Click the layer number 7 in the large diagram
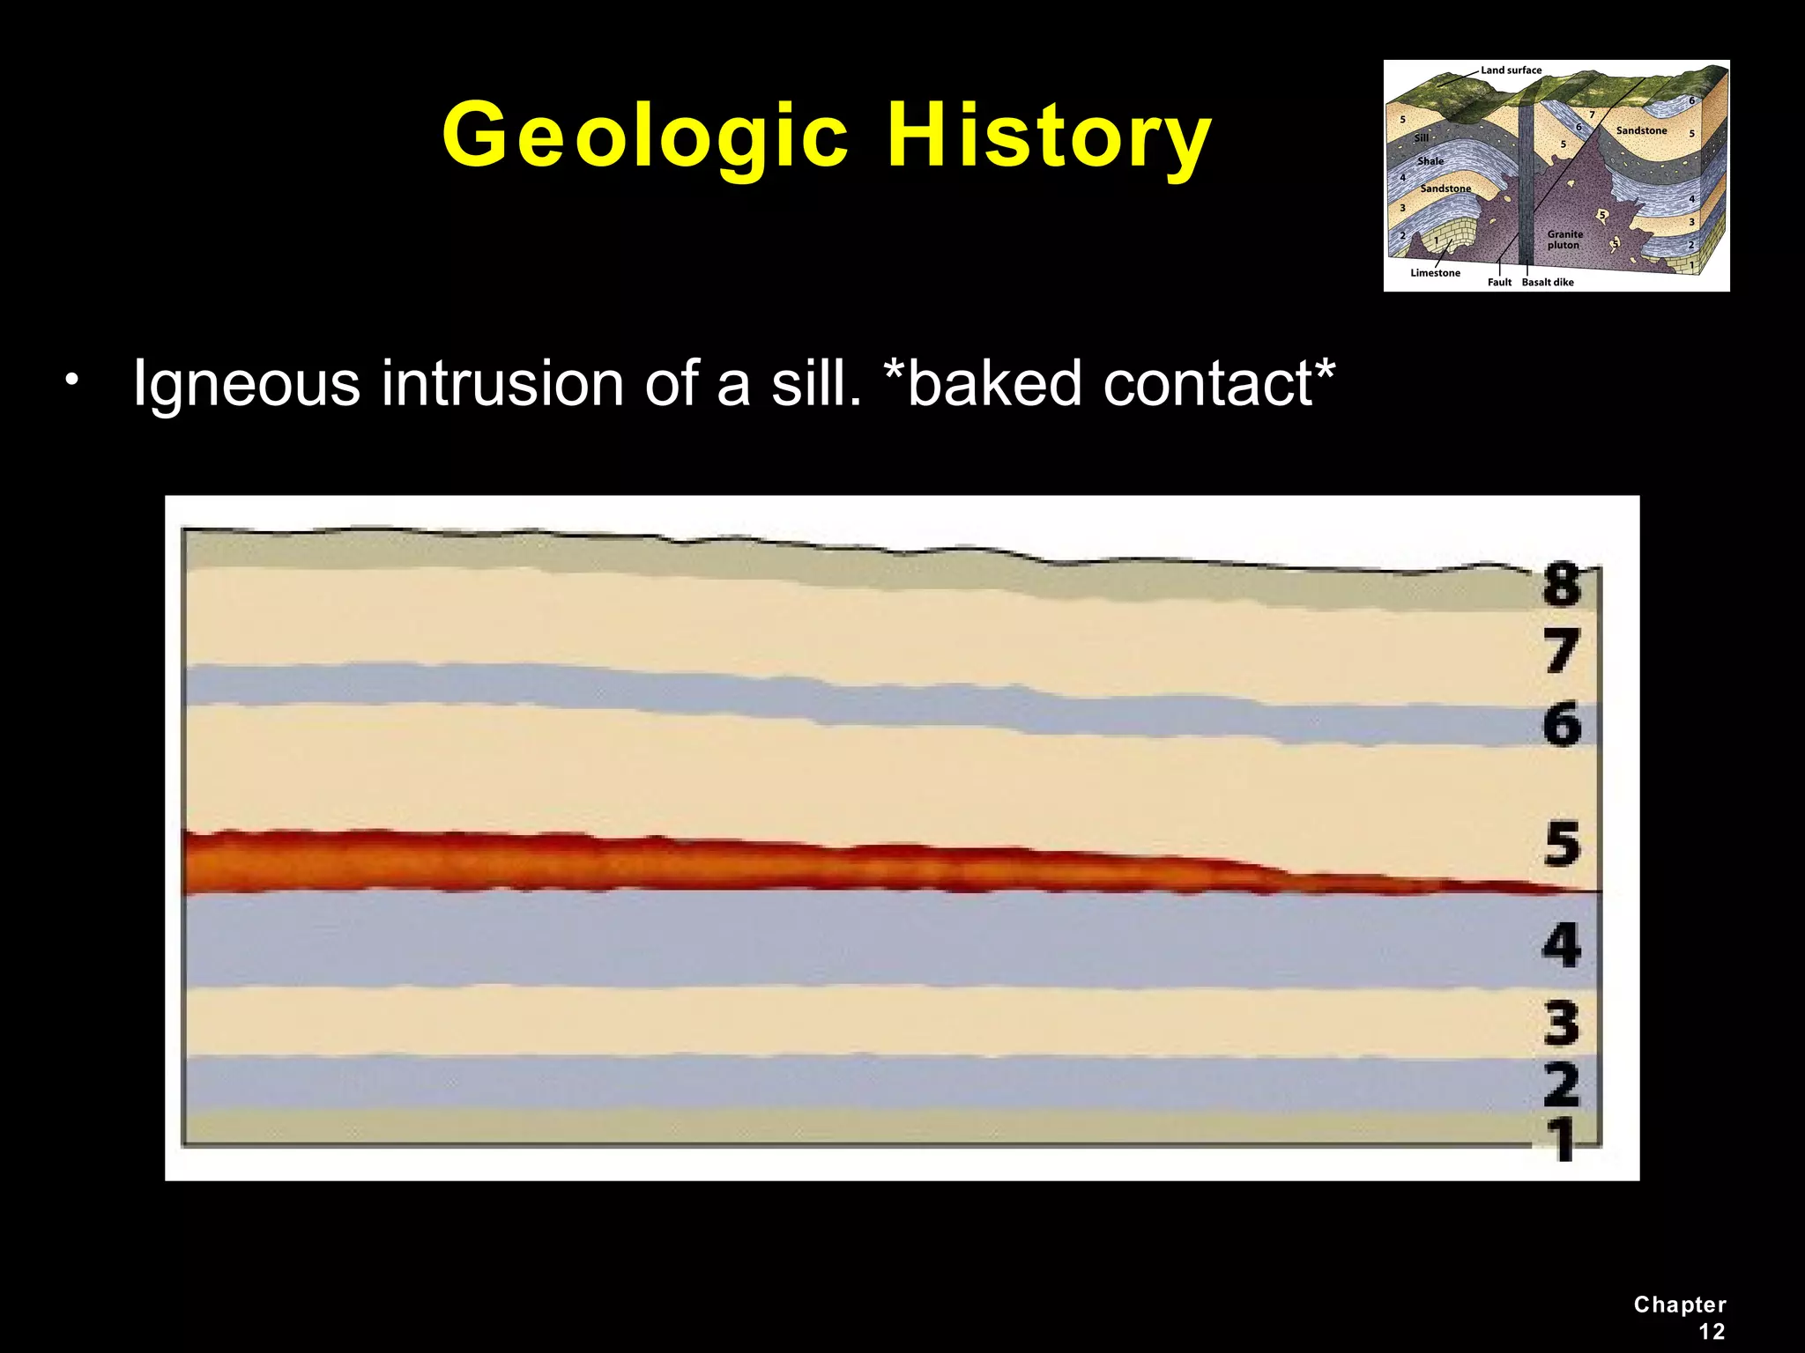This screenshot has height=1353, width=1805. tap(1563, 653)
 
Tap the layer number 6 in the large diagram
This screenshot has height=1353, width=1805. tap(1563, 726)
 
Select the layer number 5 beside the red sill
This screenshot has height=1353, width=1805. tap(1563, 844)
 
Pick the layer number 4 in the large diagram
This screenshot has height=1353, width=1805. tap(1563, 945)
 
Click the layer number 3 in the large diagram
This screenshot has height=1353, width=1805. tap(1563, 1024)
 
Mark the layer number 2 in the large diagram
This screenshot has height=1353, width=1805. tap(1563, 1085)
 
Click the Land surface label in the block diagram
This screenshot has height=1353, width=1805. tap(1511, 70)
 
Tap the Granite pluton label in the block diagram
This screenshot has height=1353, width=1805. tap(1565, 240)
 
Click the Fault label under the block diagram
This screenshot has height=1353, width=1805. tap(1499, 283)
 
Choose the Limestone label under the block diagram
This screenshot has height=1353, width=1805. tap(1435, 273)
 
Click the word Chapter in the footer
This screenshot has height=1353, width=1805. tap(1680, 1305)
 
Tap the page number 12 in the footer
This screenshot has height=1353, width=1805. tap(1712, 1331)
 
